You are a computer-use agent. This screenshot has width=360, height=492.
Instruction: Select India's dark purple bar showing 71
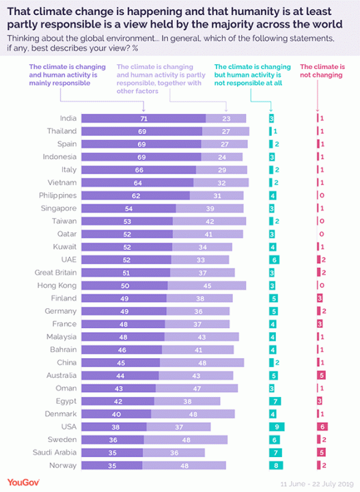pyautogui.click(x=143, y=118)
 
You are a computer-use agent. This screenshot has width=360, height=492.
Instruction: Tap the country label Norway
pyautogui.click(x=63, y=465)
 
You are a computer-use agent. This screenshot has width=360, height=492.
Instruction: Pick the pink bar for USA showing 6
pyautogui.click(x=320, y=426)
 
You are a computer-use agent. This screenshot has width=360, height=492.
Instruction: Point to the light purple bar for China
pyautogui.click(x=202, y=362)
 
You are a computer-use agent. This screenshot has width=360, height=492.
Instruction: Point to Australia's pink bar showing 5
pyautogui.click(x=320, y=375)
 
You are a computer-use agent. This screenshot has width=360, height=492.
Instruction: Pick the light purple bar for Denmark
pyautogui.click(x=196, y=414)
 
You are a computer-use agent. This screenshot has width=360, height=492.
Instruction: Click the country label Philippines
pyautogui.click(x=58, y=195)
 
